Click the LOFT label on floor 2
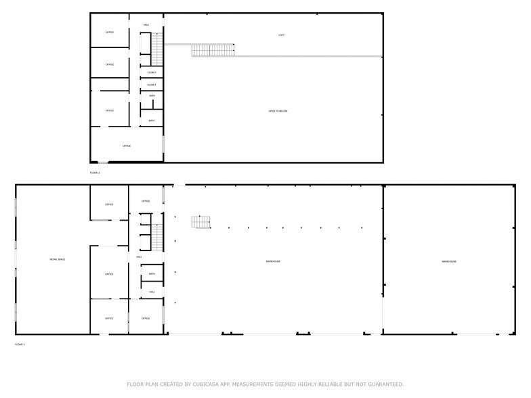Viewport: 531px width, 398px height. [x=281, y=35]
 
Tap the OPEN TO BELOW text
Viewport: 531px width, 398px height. [x=278, y=111]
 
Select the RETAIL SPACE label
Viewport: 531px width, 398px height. [x=57, y=260]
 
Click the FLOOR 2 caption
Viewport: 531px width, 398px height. [x=95, y=173]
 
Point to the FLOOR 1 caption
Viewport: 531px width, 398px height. [x=20, y=345]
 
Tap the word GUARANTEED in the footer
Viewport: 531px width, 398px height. [x=380, y=384]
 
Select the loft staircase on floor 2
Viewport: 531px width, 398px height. [x=213, y=50]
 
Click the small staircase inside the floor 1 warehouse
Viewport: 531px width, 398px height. [x=200, y=222]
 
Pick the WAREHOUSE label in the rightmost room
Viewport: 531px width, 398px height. [x=449, y=261]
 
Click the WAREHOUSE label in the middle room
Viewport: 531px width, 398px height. [x=273, y=261]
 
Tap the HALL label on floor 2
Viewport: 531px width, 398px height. [x=146, y=25]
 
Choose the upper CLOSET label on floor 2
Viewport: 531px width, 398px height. [x=152, y=72]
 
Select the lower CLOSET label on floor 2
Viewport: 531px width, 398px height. [x=152, y=85]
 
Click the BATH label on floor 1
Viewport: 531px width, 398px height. [x=152, y=274]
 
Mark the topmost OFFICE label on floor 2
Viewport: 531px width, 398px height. [x=110, y=32]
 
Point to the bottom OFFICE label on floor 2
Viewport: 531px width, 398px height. [x=126, y=146]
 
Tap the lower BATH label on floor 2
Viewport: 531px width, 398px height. [x=152, y=121]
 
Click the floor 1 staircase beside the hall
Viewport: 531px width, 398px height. [x=158, y=238]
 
